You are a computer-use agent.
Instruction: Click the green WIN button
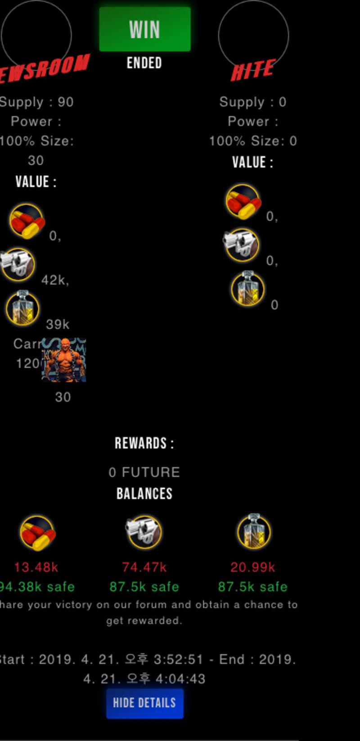[x=144, y=29]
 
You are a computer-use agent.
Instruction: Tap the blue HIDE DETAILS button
[x=144, y=703]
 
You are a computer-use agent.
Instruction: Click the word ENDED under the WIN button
[x=144, y=63]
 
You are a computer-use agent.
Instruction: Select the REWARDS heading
[x=144, y=444]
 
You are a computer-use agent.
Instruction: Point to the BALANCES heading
[x=144, y=494]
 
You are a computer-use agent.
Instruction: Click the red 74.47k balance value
[x=144, y=567]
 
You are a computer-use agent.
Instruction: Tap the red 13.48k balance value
[x=36, y=567]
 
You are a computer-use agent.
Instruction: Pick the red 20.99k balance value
[x=252, y=567]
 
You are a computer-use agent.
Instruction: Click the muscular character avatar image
[x=64, y=360]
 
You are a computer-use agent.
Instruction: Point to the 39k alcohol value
[x=58, y=324]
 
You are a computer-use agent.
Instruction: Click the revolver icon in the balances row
[x=144, y=532]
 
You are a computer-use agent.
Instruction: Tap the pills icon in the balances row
[x=37, y=533]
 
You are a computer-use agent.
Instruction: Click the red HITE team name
[x=252, y=71]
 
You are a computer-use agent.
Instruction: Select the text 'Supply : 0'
[x=252, y=102]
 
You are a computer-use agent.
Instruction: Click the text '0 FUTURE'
[x=144, y=472]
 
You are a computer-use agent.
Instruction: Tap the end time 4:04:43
[x=180, y=679]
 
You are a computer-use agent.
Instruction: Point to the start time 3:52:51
[x=178, y=660]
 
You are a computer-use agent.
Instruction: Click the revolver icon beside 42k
[x=17, y=264]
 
